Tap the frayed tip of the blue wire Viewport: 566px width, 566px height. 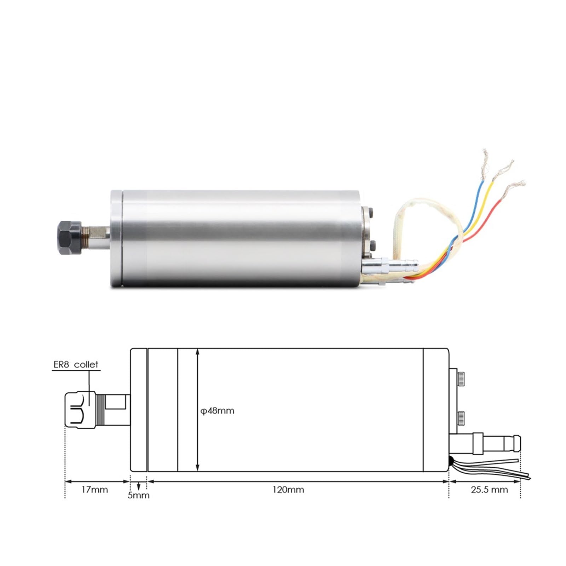pos(485,158)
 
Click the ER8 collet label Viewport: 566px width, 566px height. pos(76,364)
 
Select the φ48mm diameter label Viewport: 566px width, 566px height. pos(218,411)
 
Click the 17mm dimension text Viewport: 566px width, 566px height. pos(94,490)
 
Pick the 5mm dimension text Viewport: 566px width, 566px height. pos(138,495)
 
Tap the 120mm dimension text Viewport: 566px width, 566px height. pos(288,490)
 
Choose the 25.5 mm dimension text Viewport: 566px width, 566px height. pos(489,490)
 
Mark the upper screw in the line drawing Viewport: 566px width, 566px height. pos(461,379)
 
